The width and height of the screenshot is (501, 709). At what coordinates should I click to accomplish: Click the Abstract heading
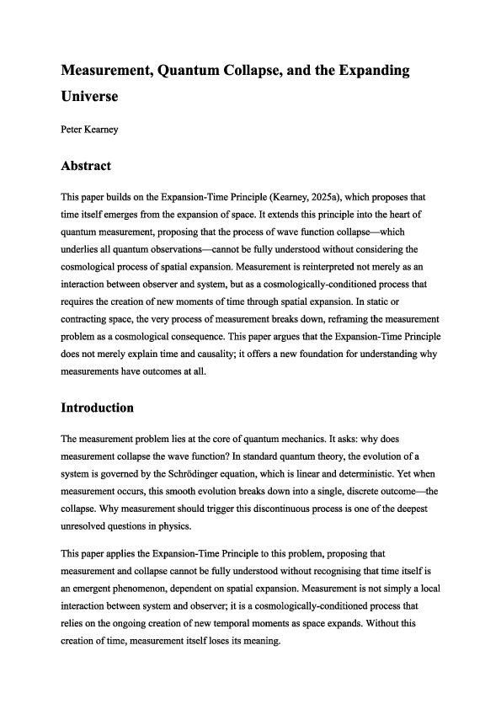(86, 166)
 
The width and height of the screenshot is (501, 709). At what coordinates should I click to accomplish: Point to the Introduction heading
(97, 408)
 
